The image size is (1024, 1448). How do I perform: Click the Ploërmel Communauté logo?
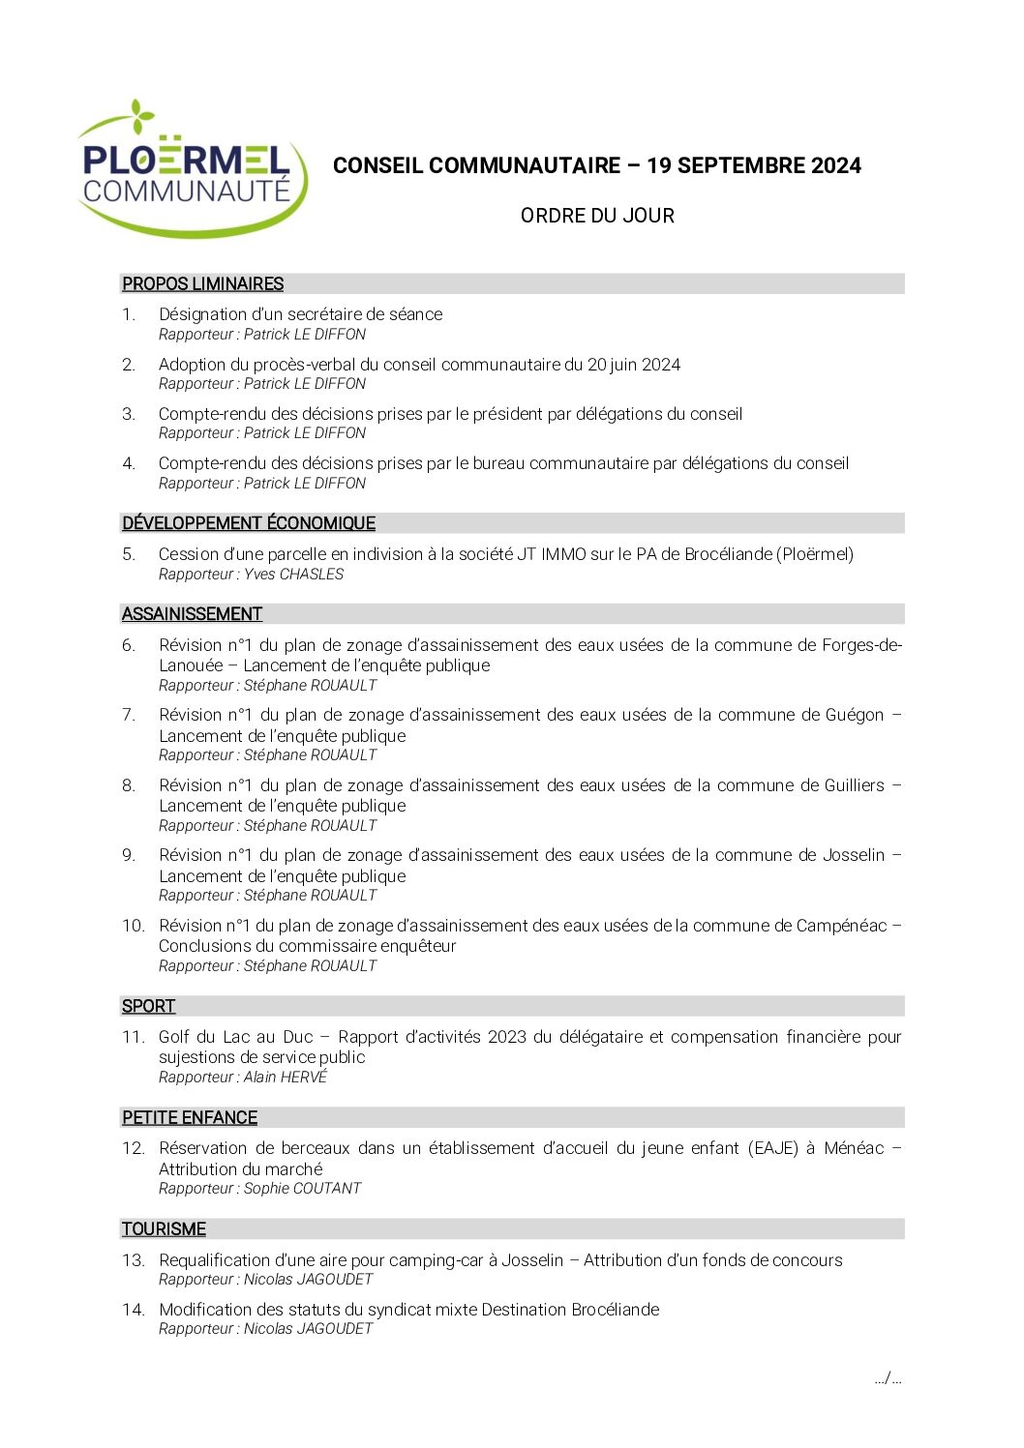point(191,169)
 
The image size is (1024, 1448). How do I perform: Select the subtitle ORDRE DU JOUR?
point(597,216)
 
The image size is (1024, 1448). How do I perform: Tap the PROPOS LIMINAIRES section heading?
point(202,283)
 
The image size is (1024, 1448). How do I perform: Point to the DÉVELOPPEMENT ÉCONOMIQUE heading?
point(248,523)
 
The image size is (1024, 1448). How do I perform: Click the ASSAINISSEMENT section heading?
point(192,614)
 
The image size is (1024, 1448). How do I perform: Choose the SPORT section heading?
point(148,1006)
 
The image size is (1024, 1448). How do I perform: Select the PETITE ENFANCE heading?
point(190,1117)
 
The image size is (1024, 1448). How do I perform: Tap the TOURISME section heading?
point(164,1228)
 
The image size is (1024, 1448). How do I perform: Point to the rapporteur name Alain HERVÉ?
point(286,1078)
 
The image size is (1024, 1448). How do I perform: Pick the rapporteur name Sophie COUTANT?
point(302,1189)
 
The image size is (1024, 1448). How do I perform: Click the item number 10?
point(133,926)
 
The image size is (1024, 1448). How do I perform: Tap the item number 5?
point(129,554)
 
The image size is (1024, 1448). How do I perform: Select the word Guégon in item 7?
point(855,715)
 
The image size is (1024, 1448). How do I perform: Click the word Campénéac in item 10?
point(841,926)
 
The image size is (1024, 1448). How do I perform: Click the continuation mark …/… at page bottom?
point(888,1378)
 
